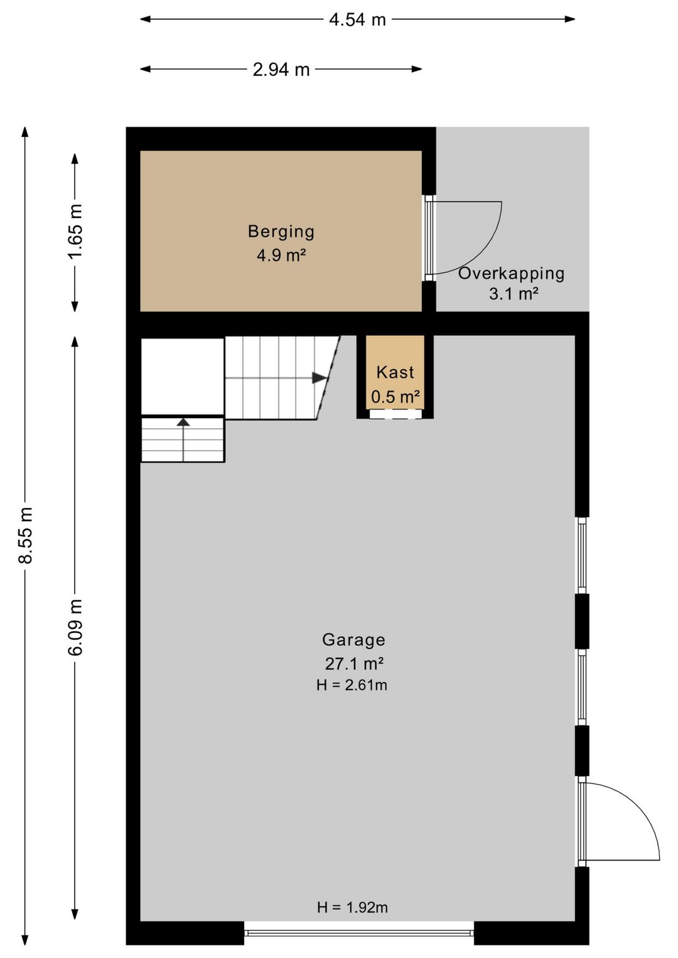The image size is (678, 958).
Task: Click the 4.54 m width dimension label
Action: click(357, 19)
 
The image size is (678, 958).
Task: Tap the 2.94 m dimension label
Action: click(281, 70)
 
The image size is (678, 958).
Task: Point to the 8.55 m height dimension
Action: click(26, 535)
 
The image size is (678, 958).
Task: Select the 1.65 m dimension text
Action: click(76, 232)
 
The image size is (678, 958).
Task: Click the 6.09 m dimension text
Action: click(76, 627)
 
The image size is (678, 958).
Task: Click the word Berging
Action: click(281, 232)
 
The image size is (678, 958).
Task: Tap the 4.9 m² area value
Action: click(281, 256)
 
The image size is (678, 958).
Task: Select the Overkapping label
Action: click(511, 274)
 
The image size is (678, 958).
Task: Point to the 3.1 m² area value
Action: click(514, 294)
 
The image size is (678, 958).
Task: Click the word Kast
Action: click(395, 372)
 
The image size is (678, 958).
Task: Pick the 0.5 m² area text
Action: click(395, 397)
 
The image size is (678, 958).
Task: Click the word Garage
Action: click(354, 640)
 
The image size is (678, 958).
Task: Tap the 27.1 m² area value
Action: click(354, 664)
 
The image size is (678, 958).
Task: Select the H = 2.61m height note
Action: click(352, 685)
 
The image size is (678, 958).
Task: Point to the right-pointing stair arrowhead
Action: click(320, 378)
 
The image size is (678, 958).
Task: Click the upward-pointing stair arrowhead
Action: click(183, 422)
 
